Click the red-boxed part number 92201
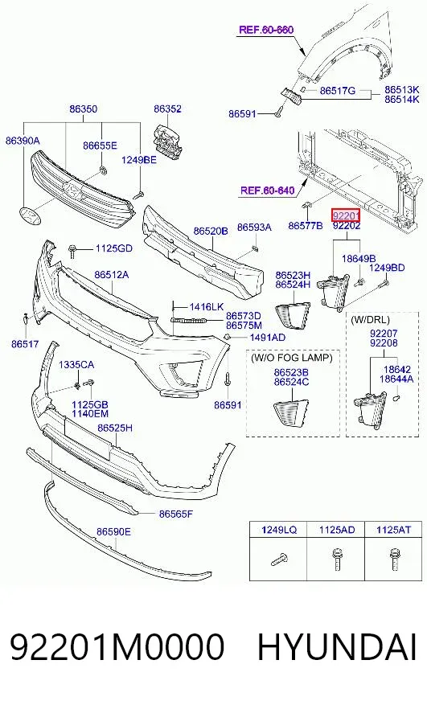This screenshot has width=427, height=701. pos(346,216)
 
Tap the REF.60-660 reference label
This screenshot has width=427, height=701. pos(266,30)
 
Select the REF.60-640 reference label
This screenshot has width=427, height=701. pos(268,191)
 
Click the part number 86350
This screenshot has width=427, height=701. pos(83,109)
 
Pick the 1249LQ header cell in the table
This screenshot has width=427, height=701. pos(278,531)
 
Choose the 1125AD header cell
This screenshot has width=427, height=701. pos(337,531)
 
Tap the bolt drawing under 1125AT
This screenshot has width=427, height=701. pos(394,559)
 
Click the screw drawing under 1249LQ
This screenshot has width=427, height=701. pos(279,560)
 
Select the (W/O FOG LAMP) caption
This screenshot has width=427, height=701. pos(292,358)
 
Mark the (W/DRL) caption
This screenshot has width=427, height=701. pos(370,320)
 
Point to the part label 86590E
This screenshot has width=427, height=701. pos(113,531)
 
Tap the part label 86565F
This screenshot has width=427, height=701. pos(176,514)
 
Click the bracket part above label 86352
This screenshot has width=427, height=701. pos(169,141)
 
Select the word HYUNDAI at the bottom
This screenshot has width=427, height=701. pos(337,647)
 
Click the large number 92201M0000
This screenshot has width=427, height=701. pos(117,647)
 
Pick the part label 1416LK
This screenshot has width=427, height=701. pos(206,307)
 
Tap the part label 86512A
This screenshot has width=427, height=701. pos(111,274)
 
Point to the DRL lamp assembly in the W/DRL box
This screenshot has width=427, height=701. pos(369,407)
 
